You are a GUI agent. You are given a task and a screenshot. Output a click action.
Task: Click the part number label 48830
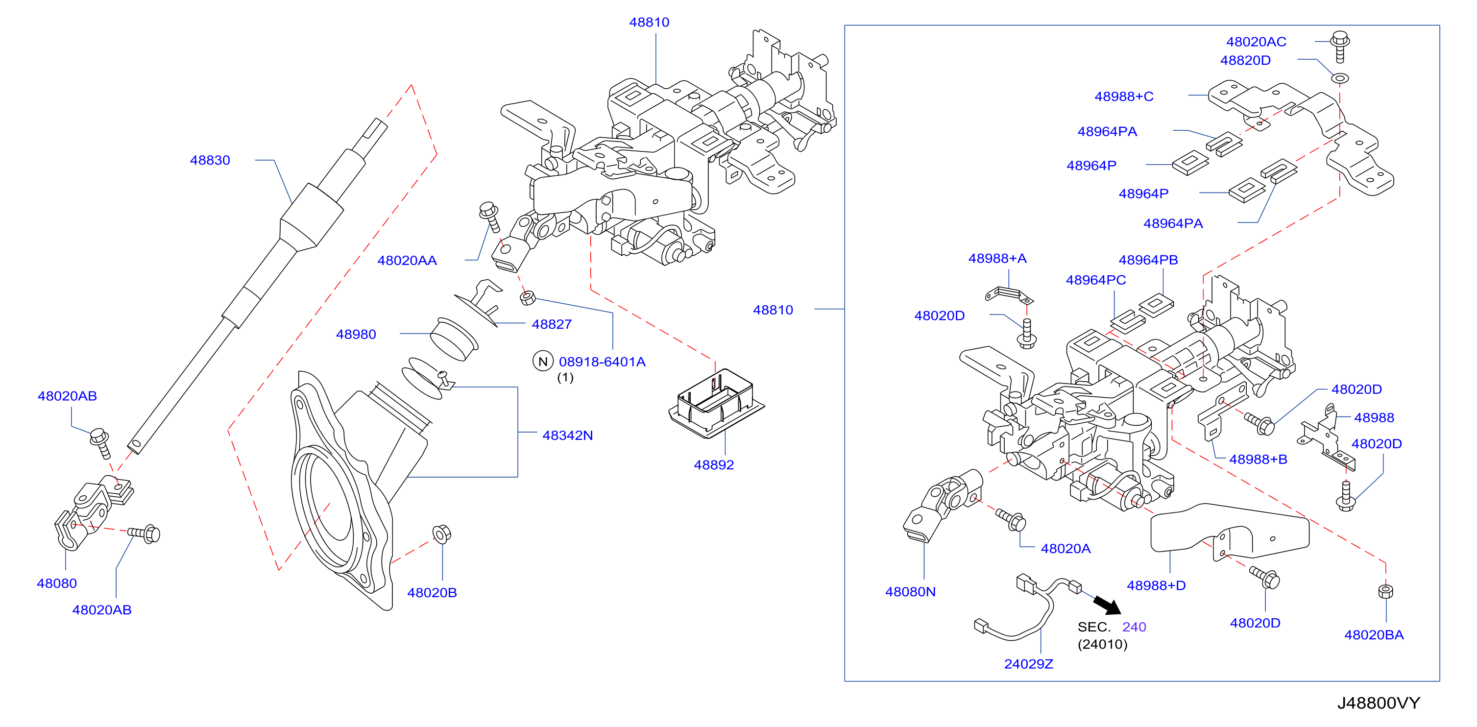210,160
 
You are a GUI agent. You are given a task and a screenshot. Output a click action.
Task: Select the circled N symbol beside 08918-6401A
542,361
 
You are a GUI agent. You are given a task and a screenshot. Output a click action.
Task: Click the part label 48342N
568,435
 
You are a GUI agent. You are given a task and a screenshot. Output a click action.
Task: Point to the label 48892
714,465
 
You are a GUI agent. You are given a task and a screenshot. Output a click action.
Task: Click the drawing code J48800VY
1379,703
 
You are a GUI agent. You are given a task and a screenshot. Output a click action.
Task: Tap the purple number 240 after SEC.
1134,627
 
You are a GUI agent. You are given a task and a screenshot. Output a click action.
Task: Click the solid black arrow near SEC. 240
1107,605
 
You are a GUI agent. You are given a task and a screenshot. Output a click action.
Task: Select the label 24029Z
1029,664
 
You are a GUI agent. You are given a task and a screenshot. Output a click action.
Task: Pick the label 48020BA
1374,635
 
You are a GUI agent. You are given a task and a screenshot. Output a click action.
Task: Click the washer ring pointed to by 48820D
1340,78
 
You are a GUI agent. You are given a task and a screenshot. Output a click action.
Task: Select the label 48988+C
1124,97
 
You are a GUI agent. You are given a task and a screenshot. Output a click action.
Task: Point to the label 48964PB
1148,260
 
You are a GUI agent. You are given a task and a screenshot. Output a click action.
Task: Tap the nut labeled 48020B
441,534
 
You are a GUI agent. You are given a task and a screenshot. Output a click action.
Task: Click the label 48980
356,334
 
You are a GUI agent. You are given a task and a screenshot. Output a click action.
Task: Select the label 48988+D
1156,585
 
